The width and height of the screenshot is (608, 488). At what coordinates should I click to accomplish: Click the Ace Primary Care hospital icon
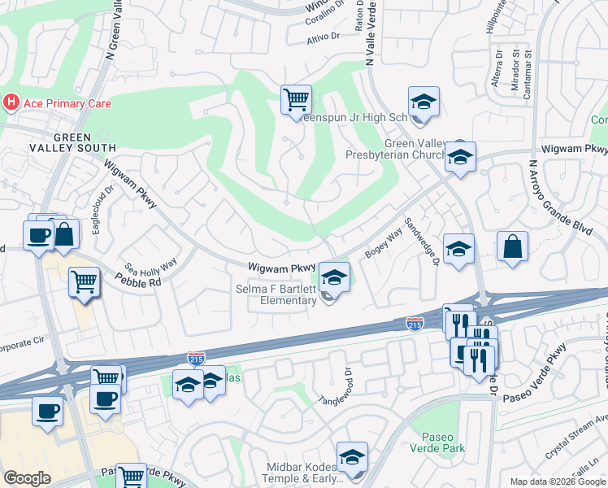11,103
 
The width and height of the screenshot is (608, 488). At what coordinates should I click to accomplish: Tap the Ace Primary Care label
66,103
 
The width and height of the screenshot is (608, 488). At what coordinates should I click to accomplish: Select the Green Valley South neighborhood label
85,142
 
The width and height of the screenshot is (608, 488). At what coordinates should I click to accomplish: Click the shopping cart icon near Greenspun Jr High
296,100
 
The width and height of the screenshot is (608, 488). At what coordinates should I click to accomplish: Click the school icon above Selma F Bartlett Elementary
333,277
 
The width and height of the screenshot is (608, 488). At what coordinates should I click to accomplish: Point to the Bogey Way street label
384,246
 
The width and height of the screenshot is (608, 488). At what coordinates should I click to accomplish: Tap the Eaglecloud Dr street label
102,219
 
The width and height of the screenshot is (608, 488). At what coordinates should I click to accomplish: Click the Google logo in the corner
28,478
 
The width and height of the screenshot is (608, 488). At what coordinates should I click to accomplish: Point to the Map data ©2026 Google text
557,481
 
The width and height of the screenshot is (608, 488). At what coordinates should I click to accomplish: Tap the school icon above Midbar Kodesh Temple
352,457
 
